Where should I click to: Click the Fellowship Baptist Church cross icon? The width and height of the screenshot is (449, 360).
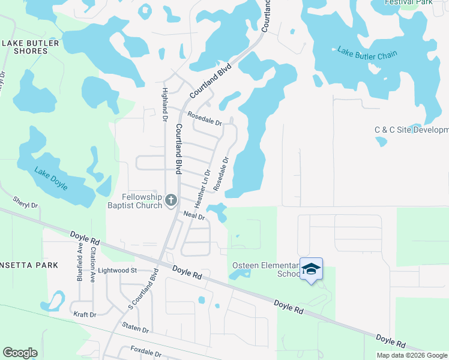tap(170, 200)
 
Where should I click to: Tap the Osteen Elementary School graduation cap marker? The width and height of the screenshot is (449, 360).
tap(311, 269)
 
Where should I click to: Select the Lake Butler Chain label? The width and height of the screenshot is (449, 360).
tap(367, 53)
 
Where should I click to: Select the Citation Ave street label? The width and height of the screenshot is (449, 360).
tap(92, 264)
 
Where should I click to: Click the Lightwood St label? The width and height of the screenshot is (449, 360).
tap(118, 271)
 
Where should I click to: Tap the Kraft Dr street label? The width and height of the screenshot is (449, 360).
tap(85, 314)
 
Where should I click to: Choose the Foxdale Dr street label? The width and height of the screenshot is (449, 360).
tap(145, 352)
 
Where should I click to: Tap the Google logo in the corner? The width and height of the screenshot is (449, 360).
tap(20, 353)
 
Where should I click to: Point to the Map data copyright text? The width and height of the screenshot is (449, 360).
tap(412, 355)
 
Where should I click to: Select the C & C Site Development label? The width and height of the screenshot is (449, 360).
tap(411, 130)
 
